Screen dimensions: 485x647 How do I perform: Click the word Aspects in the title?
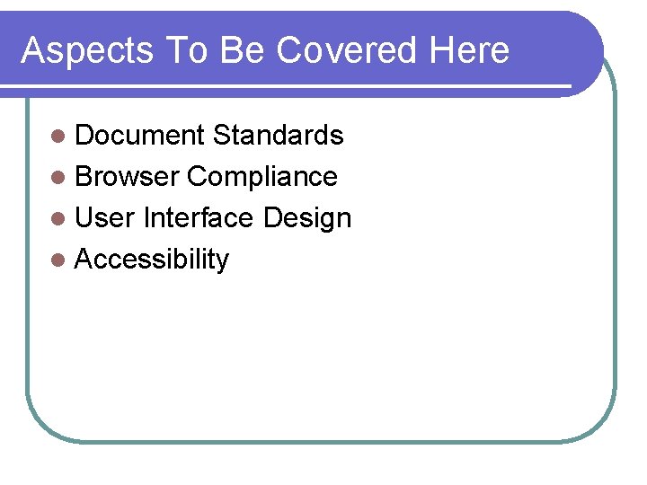[x=87, y=51]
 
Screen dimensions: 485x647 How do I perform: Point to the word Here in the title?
[x=469, y=51]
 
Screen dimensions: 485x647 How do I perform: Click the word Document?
[x=140, y=136]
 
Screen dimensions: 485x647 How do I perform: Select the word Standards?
[x=279, y=136]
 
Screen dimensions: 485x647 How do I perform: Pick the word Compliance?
[x=262, y=177]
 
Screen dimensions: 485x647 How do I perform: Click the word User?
[x=105, y=218]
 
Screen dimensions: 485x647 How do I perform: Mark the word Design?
[x=307, y=218]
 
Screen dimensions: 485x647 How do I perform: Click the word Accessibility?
[x=152, y=260]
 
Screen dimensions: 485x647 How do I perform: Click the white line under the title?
[x=288, y=87]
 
